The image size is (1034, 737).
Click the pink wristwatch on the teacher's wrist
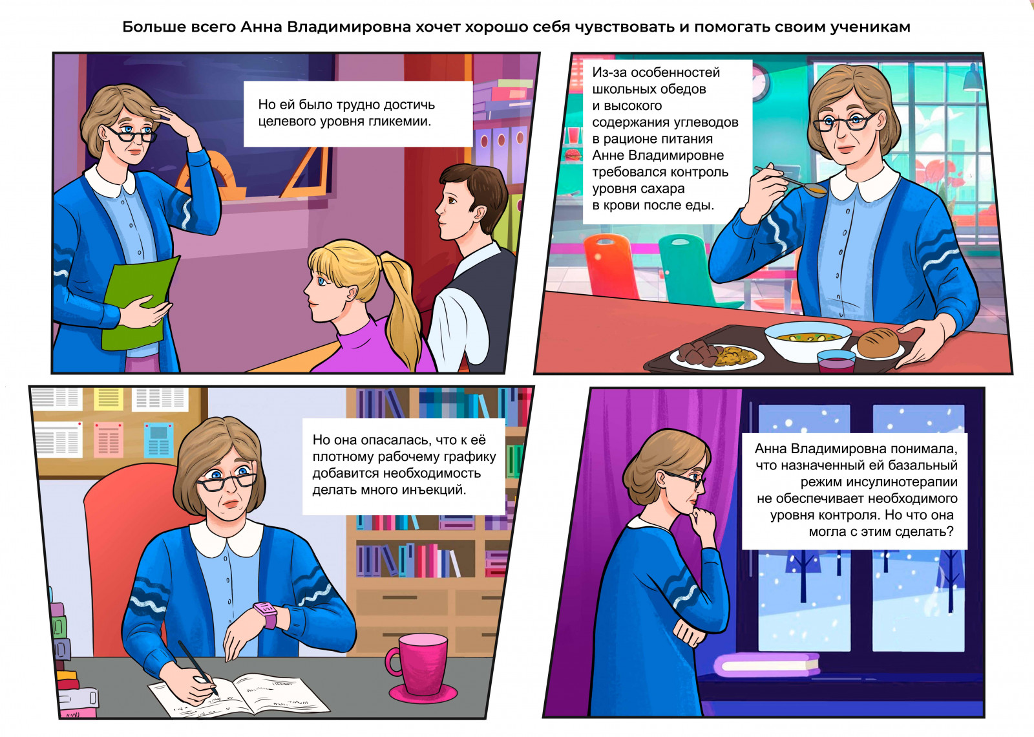(266, 614)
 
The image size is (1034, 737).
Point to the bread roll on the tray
(878, 343)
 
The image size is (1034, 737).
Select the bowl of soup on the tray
(808, 342)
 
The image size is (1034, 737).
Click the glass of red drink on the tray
(836, 361)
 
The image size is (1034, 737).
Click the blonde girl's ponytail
(401, 307)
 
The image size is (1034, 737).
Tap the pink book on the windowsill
(766, 665)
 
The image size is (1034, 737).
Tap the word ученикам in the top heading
(870, 27)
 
